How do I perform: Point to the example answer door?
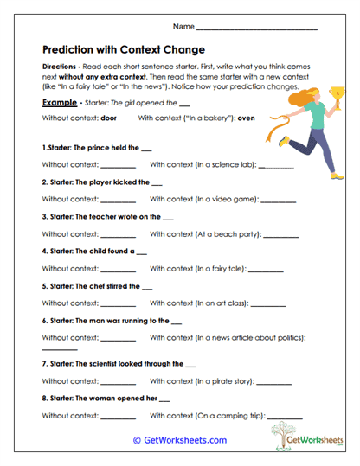tap(108, 118)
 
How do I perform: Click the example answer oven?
tap(247, 118)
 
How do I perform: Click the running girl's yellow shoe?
tap(337, 173)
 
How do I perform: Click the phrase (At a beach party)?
tap(222, 233)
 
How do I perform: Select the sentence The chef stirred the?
tap(105, 286)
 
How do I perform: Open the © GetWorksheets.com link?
tap(179, 440)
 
